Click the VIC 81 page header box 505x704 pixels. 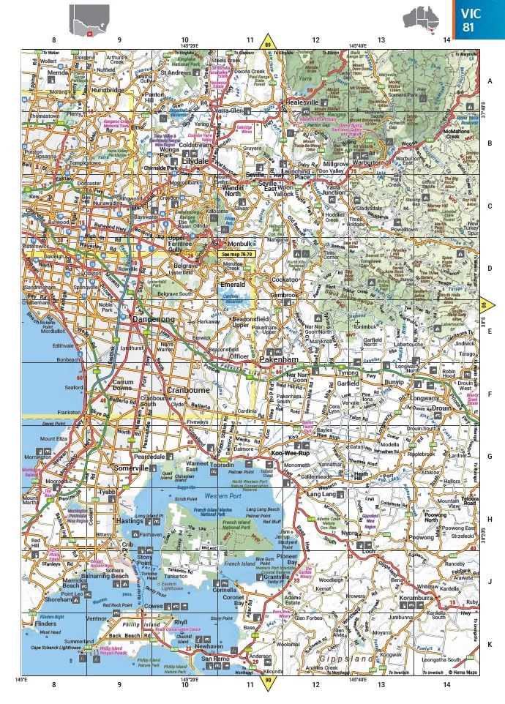point(478,20)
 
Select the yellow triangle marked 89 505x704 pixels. point(268,42)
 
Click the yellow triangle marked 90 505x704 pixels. point(268,681)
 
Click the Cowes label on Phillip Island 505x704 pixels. point(153,607)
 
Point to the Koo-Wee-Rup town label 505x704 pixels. point(288,454)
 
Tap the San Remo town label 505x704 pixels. point(217,659)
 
